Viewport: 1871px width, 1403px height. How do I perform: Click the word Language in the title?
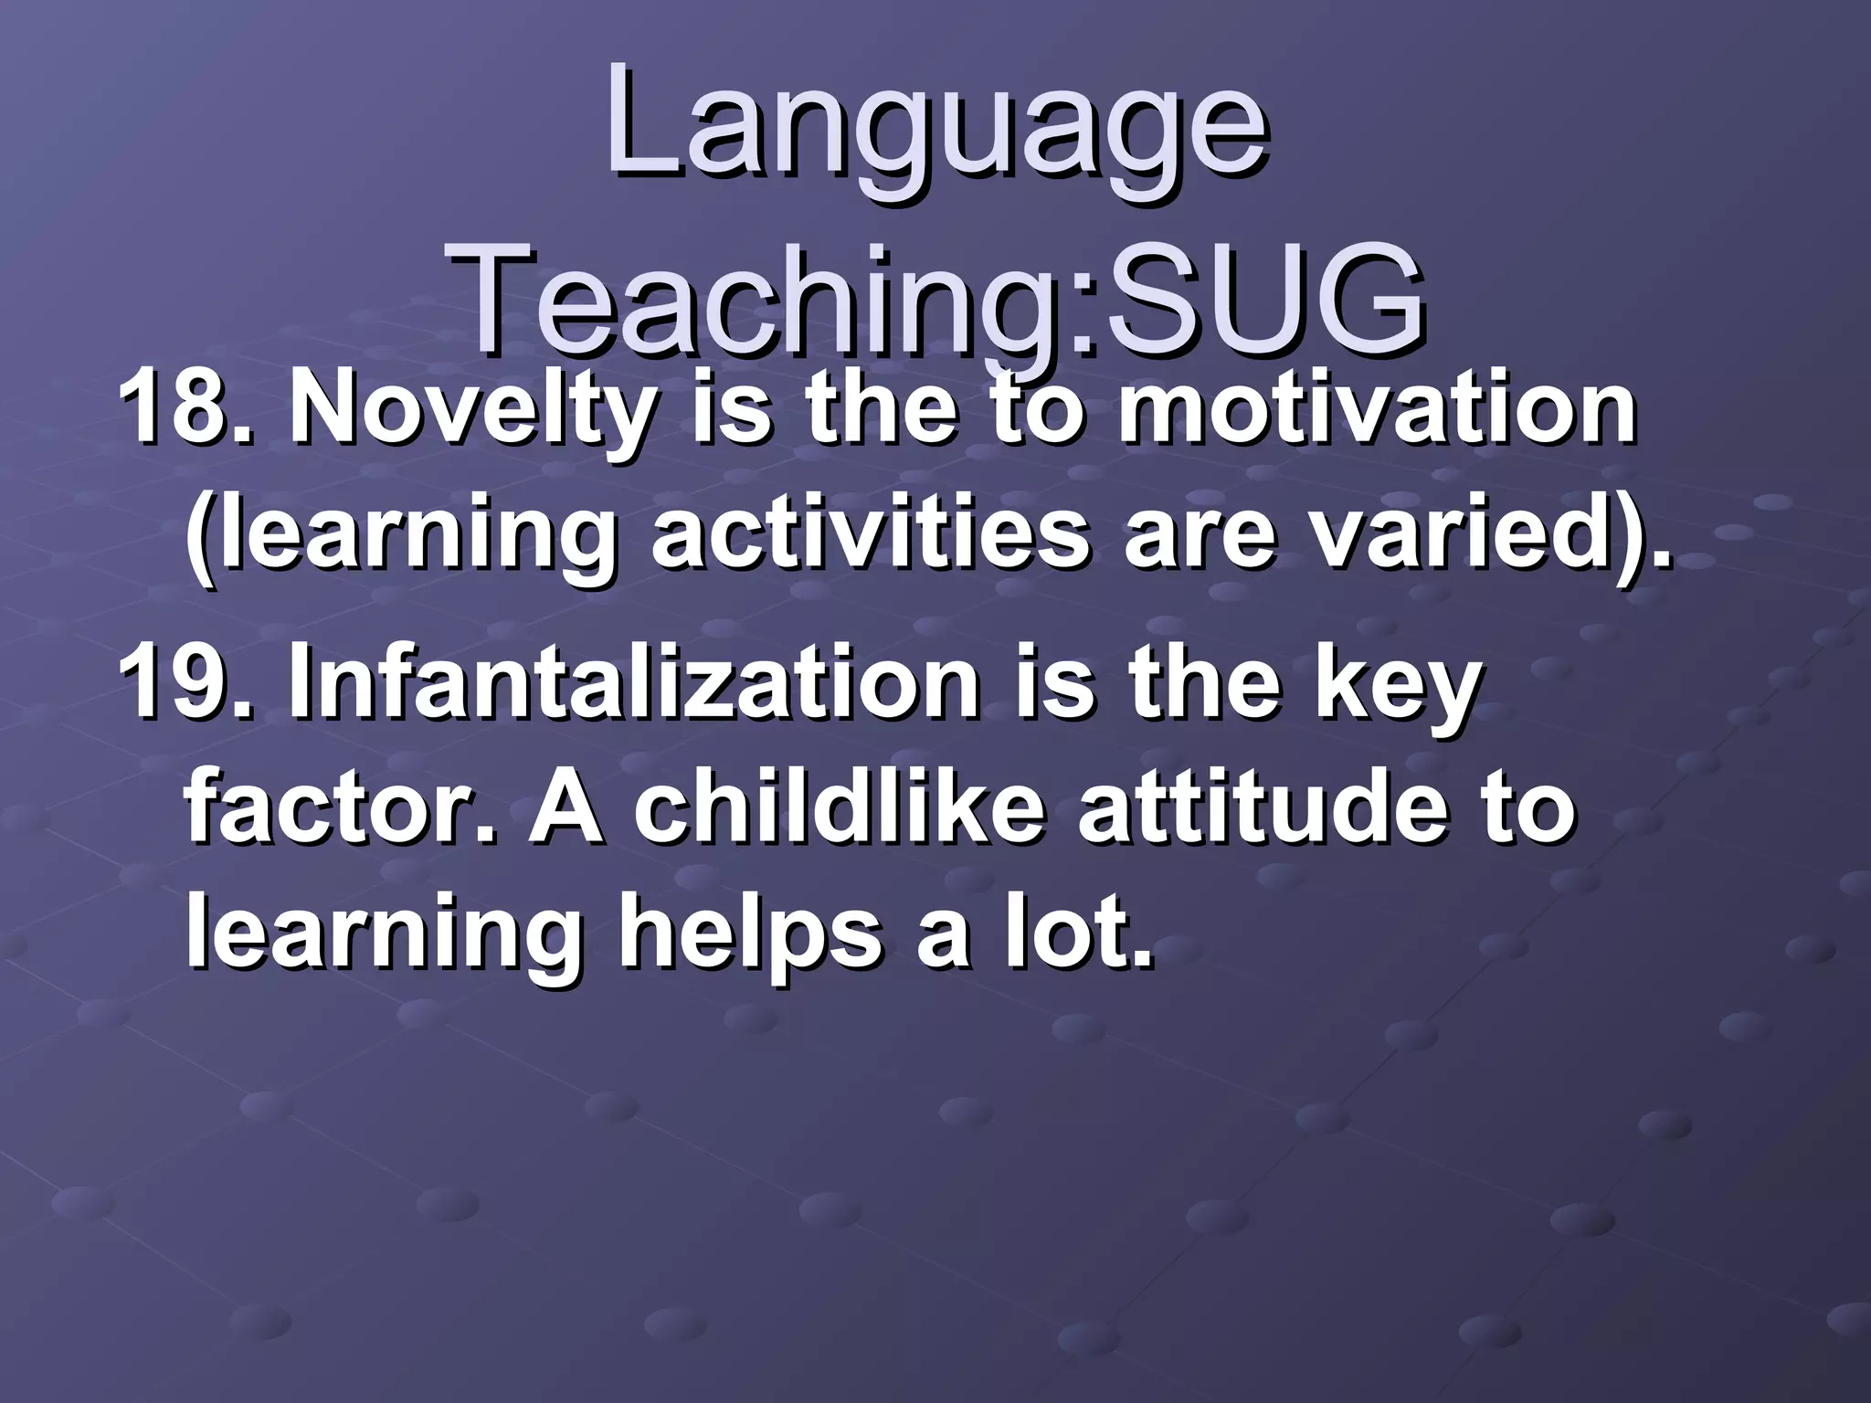pyautogui.click(x=935, y=128)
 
